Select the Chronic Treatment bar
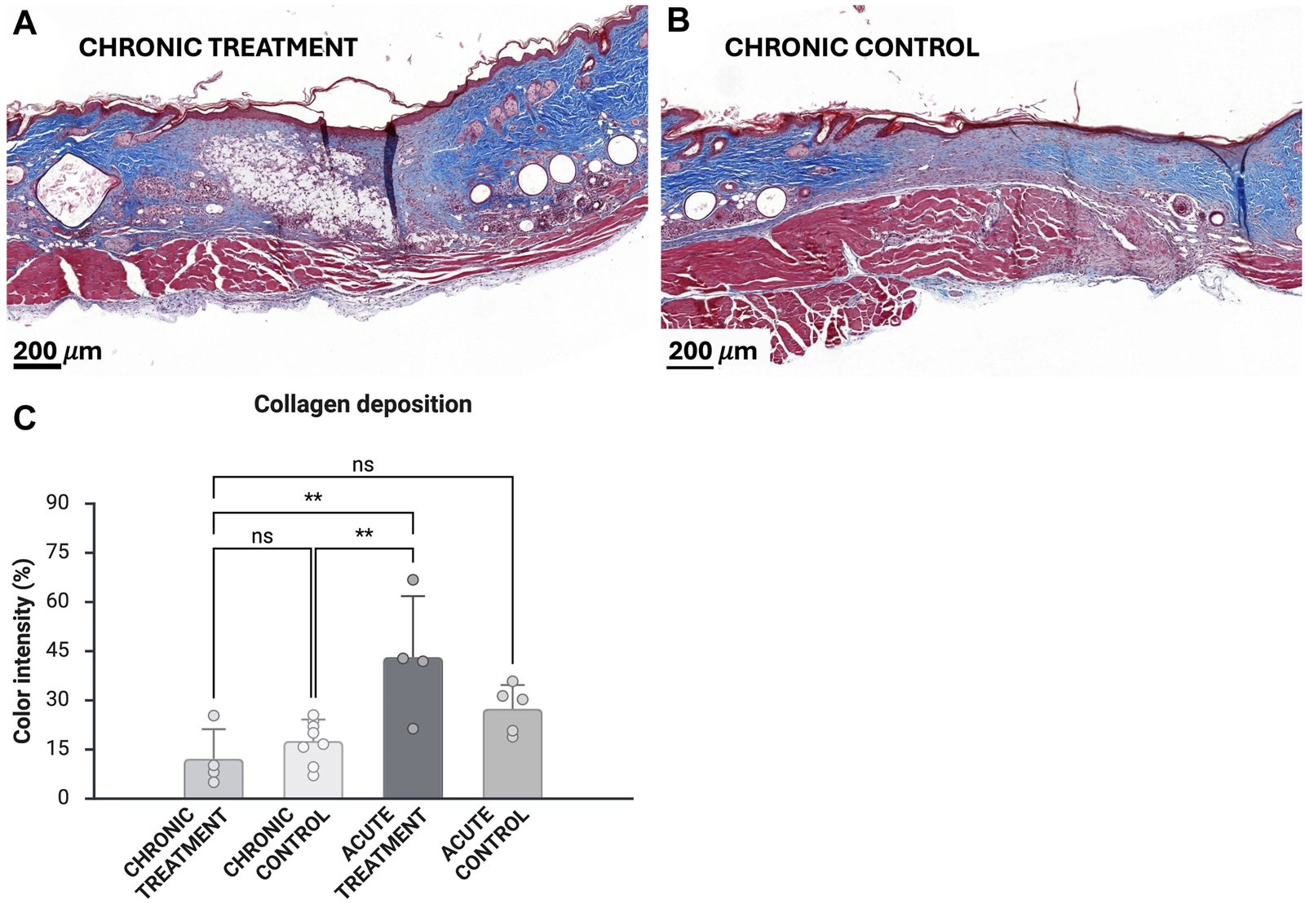coord(214,778)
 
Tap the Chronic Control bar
coord(313,769)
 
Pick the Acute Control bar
coord(512,754)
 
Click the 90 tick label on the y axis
coord(58,503)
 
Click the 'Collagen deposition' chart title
coord(363,404)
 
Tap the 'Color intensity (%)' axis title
coord(23,650)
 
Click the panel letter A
coord(24,23)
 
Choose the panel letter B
coord(678,21)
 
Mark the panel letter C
coord(24,418)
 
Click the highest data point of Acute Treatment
coord(413,580)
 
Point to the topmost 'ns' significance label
coord(363,465)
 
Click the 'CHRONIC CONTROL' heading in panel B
coord(852,48)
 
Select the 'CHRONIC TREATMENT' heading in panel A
coord(218,48)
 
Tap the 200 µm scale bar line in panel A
coord(37,366)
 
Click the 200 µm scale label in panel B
coord(713,351)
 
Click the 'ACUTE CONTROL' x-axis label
coord(485,844)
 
